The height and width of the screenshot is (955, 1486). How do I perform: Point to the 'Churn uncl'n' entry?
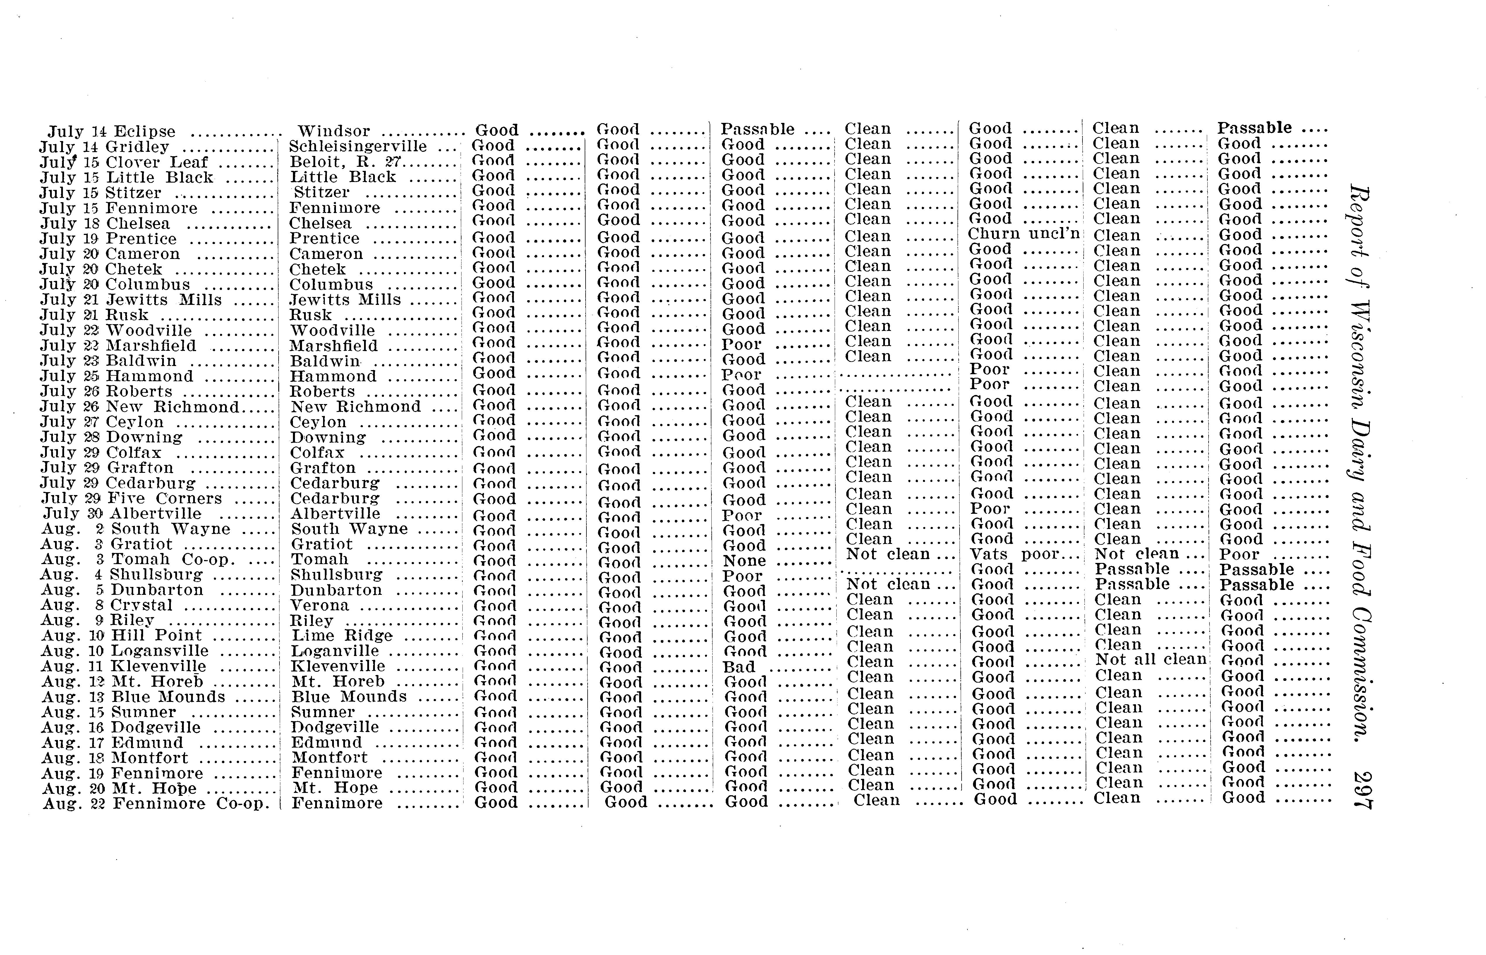[x=1023, y=234]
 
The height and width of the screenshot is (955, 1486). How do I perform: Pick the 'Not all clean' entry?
[x=1150, y=660]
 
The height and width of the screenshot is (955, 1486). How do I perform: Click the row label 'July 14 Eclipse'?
[x=111, y=131]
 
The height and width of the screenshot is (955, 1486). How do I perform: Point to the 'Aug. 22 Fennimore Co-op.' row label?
[x=156, y=804]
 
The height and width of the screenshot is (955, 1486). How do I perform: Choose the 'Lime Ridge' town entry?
[x=342, y=635]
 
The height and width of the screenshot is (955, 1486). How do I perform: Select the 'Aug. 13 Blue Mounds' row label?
[x=133, y=697]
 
